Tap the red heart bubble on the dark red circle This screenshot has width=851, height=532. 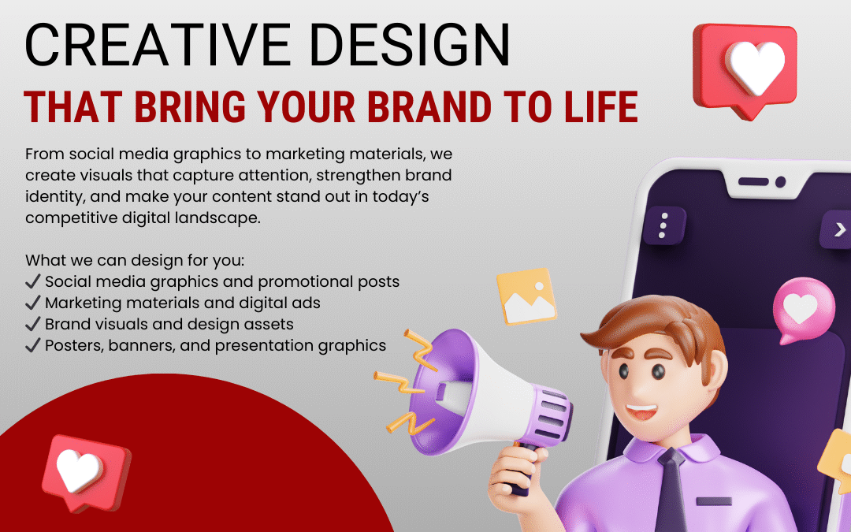tap(84, 471)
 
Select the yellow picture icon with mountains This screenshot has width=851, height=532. tap(526, 296)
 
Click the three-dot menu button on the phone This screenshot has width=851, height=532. tap(663, 225)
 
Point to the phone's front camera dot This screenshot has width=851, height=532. tap(781, 182)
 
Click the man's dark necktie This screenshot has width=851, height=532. tap(672, 493)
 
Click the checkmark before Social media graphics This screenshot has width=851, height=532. tap(33, 281)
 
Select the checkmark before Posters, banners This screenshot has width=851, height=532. tap(33, 345)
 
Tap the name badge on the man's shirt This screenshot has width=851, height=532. tap(714, 500)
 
